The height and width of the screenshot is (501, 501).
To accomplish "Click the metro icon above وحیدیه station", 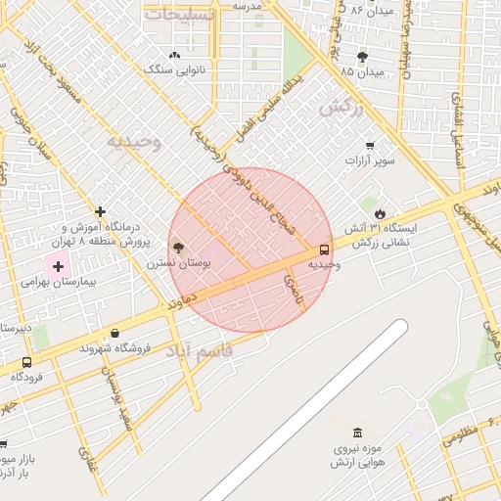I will (325, 249).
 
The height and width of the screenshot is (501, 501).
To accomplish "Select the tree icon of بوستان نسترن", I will (177, 248).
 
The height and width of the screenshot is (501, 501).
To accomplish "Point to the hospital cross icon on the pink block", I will (58, 266).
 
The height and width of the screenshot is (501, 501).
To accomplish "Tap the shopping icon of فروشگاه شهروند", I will (115, 334).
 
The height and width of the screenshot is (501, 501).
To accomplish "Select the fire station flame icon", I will (380, 212).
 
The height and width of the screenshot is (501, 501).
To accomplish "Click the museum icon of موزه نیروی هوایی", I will (357, 433).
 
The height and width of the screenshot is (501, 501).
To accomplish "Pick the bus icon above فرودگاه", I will (26, 362).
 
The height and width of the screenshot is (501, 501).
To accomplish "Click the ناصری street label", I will (293, 287).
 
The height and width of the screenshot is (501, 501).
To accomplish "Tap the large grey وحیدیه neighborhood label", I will (134, 142).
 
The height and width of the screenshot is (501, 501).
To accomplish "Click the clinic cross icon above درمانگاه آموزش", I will (100, 211).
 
